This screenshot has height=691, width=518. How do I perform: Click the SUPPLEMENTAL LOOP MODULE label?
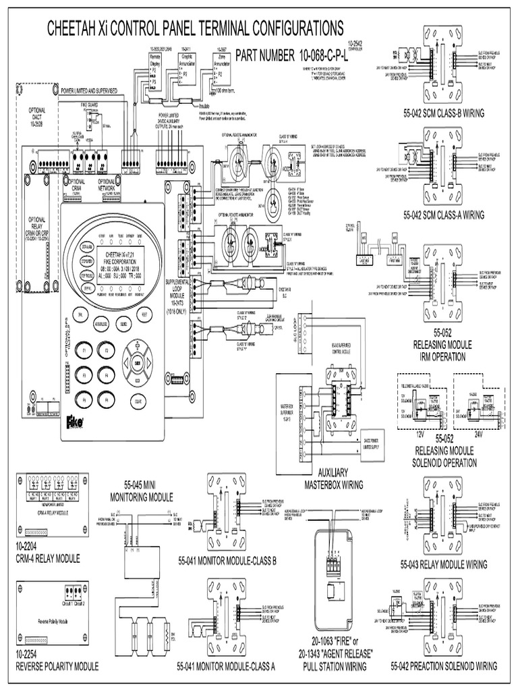175,284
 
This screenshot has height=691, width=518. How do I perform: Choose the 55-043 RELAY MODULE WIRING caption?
443,563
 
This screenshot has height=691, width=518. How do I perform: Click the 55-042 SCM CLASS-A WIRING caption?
442,215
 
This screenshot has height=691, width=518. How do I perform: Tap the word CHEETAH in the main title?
74,28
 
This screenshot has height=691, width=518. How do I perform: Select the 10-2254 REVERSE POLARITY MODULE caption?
56,661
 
